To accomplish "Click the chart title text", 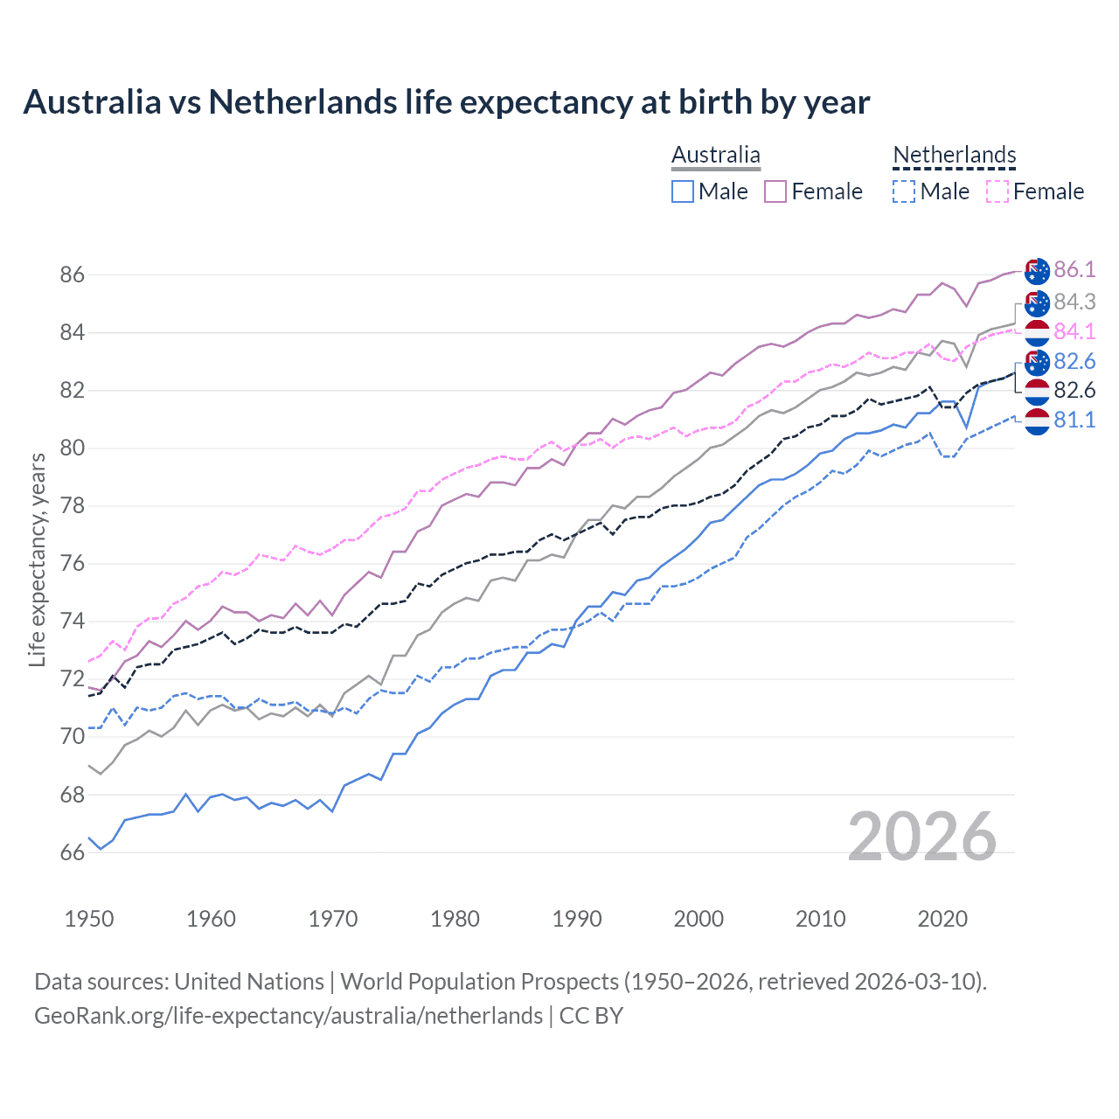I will click(x=446, y=102).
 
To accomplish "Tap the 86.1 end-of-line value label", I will click(x=1074, y=269).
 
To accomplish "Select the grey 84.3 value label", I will click(x=1074, y=302).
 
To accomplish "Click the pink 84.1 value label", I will click(x=1074, y=331).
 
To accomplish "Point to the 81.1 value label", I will click(x=1074, y=420).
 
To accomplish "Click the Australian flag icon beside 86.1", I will click(x=1037, y=271).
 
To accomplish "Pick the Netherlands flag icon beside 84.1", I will click(x=1037, y=333).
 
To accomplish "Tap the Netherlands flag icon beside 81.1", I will click(x=1037, y=421).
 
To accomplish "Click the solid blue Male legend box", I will click(x=683, y=191).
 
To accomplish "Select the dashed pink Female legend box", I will click(x=997, y=191).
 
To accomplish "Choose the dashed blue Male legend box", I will click(x=904, y=191).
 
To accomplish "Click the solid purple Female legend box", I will click(x=775, y=191).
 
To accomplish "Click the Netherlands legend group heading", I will click(x=954, y=155).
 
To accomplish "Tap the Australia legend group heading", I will click(x=716, y=155).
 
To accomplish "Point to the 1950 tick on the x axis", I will click(x=89, y=919).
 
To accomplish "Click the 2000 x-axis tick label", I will click(x=699, y=919).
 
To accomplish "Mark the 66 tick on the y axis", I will click(x=73, y=852).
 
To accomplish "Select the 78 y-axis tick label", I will click(x=73, y=506).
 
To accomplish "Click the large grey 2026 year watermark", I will click(x=922, y=837).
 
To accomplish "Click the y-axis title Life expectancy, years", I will click(x=37, y=559).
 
